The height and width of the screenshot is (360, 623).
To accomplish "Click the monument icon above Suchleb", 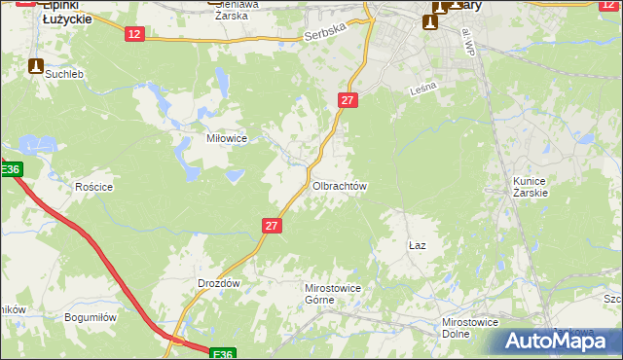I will (x=36, y=67).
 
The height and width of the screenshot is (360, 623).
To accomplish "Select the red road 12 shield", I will (x=134, y=34).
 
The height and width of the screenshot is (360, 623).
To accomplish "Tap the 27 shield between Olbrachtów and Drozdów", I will (x=272, y=226).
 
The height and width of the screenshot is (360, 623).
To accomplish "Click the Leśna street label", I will (x=424, y=88).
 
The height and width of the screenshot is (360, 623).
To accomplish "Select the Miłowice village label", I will (x=226, y=138).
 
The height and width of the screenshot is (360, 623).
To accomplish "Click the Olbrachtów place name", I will (x=338, y=185).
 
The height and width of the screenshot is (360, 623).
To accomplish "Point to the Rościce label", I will (x=94, y=187).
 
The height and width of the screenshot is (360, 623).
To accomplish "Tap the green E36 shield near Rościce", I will (x=10, y=170).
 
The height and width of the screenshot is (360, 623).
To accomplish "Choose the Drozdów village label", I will (x=218, y=283).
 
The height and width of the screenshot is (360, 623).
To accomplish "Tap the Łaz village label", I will (x=417, y=246).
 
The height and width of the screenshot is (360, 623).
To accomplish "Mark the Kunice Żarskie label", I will (x=531, y=187).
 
